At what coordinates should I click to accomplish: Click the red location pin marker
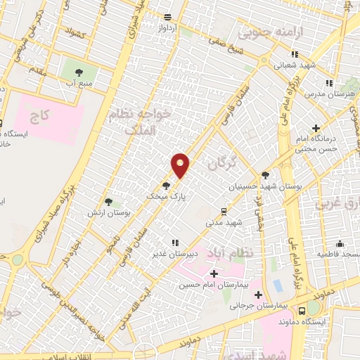181,165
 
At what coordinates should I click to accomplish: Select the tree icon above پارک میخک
166,186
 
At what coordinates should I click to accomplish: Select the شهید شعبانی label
297,65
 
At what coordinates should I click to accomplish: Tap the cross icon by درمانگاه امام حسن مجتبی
316,129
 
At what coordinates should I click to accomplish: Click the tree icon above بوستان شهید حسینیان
265,175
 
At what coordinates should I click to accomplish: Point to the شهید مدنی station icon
224,210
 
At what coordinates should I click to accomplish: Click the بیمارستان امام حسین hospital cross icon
214,273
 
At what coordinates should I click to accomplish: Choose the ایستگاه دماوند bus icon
302,310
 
